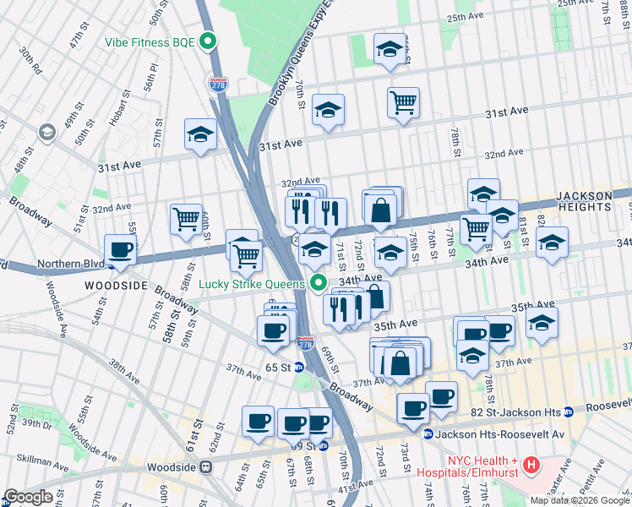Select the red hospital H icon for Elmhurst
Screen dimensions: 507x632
click(x=531, y=464)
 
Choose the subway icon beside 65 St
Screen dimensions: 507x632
click(x=299, y=368)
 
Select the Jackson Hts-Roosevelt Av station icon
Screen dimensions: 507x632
click(x=429, y=434)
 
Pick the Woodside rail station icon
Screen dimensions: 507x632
click(x=204, y=466)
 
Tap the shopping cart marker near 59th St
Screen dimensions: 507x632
click(x=185, y=220)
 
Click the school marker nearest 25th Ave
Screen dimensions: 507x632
click(x=389, y=50)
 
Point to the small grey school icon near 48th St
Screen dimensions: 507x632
click(x=46, y=132)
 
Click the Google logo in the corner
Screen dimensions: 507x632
click(x=28, y=497)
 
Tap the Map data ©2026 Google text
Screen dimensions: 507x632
click(x=580, y=500)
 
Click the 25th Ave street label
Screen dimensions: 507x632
click(x=467, y=17)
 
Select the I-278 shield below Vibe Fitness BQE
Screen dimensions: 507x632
click(x=218, y=83)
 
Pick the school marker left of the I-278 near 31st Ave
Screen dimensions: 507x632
click(x=200, y=134)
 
